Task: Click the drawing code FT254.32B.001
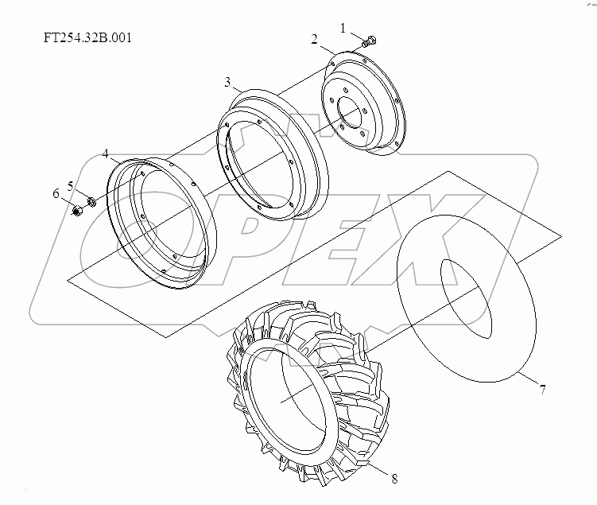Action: click(87, 37)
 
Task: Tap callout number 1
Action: click(343, 28)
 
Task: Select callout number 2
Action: click(314, 39)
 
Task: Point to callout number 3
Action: click(227, 82)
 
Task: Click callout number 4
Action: click(106, 153)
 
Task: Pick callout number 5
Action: click(71, 187)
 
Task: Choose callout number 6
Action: click(56, 194)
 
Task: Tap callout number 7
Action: click(542, 390)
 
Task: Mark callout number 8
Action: click(394, 479)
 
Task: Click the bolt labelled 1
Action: click(370, 41)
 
